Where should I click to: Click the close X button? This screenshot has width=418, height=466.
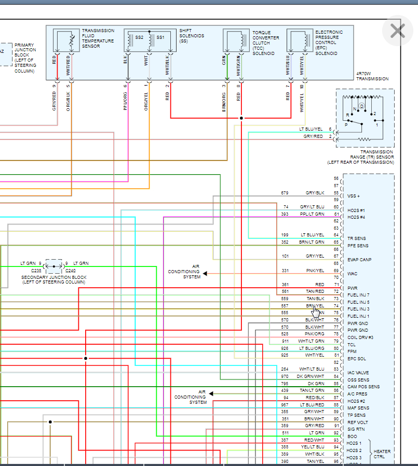pyautogui.click(x=397, y=31)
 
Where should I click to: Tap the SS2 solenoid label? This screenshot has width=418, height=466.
pyautogui.click(x=139, y=37)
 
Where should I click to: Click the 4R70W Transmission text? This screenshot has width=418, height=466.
pyautogui.click(x=372, y=76)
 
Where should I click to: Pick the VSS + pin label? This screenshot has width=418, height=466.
pyautogui.click(x=354, y=196)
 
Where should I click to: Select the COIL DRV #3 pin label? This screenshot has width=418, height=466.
pyautogui.click(x=360, y=337)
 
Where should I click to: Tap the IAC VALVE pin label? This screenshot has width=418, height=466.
pyautogui.click(x=358, y=373)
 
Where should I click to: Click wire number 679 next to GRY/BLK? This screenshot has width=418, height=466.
pyautogui.click(x=285, y=193)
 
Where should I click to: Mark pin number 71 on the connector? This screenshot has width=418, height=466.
pyautogui.click(x=336, y=285)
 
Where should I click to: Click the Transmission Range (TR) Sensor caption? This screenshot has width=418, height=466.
pyautogui.click(x=359, y=157)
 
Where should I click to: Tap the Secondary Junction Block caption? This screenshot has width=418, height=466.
pyautogui.click(x=53, y=279)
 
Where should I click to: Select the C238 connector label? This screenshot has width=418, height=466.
pyautogui.click(x=36, y=271)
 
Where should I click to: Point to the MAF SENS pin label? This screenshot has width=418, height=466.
pyautogui.click(x=358, y=408)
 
